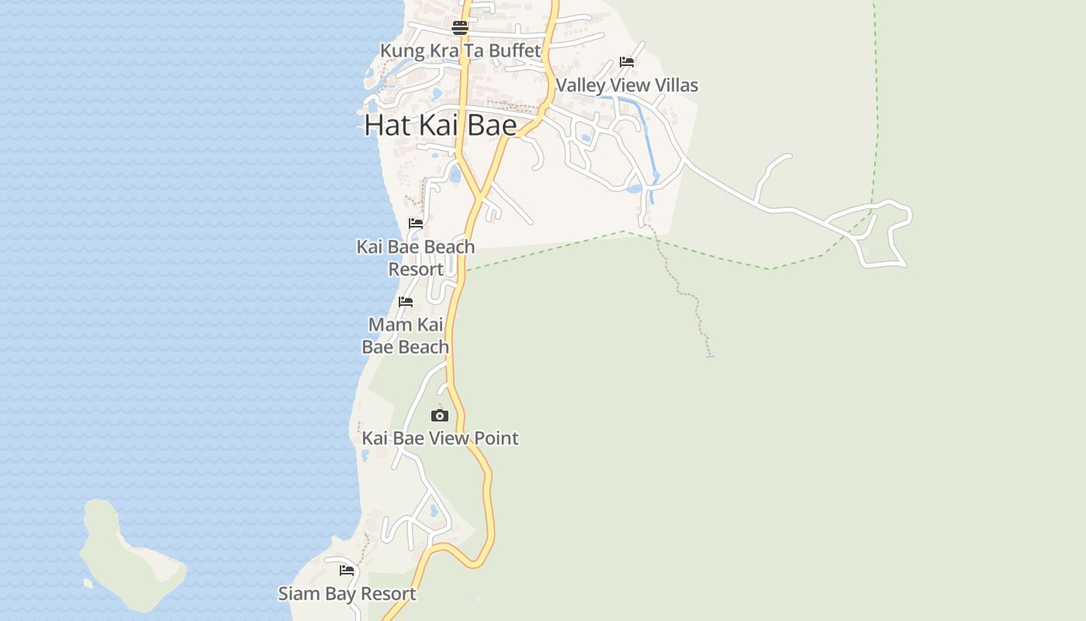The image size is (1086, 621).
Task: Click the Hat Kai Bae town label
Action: (x=440, y=125)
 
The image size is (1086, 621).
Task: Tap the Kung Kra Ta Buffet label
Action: (x=460, y=51)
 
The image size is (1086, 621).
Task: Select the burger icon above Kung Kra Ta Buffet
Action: (x=460, y=29)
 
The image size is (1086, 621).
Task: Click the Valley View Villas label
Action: (x=627, y=85)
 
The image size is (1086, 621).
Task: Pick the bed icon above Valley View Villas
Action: (x=627, y=62)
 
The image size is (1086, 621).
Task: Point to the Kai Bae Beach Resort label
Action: (x=416, y=258)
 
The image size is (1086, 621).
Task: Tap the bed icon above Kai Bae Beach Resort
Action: (x=416, y=224)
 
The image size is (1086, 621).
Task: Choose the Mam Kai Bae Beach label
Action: (x=406, y=335)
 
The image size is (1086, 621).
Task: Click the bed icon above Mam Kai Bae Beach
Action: (x=406, y=302)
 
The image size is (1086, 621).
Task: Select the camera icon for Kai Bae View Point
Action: (x=440, y=416)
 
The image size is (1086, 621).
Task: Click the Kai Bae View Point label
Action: (x=440, y=439)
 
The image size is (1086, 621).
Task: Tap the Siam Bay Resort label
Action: (x=347, y=594)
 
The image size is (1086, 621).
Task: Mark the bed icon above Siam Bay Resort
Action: (x=347, y=571)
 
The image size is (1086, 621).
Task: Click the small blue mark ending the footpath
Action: (x=710, y=356)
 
